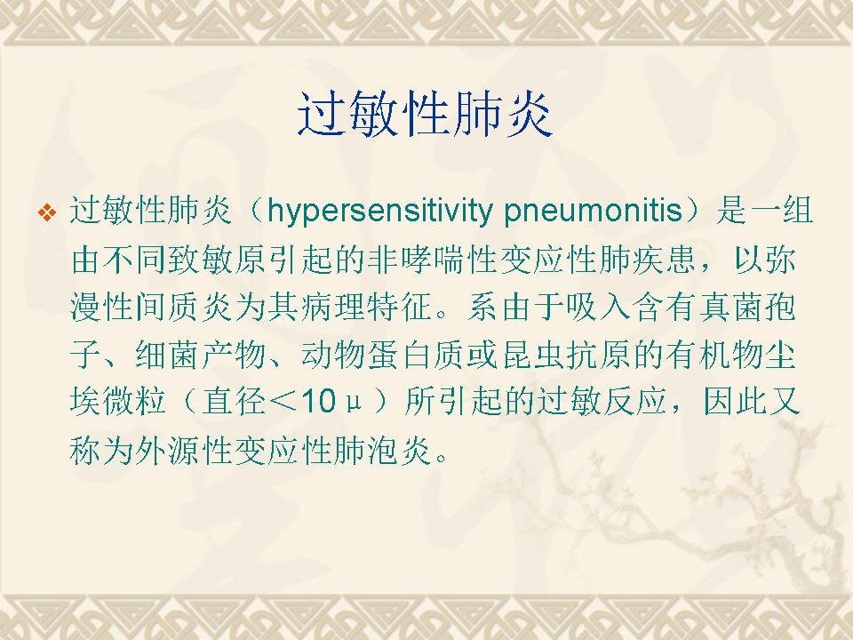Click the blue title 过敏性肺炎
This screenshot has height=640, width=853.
[425, 115]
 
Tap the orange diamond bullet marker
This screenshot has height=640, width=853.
[47, 212]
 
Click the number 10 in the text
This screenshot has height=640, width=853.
[318, 402]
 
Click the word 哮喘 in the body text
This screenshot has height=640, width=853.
[434, 260]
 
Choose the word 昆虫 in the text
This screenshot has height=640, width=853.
[535, 355]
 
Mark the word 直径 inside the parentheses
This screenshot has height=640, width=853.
[234, 403]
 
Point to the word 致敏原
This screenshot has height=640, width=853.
[218, 260]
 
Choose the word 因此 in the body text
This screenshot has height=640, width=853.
[735, 403]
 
